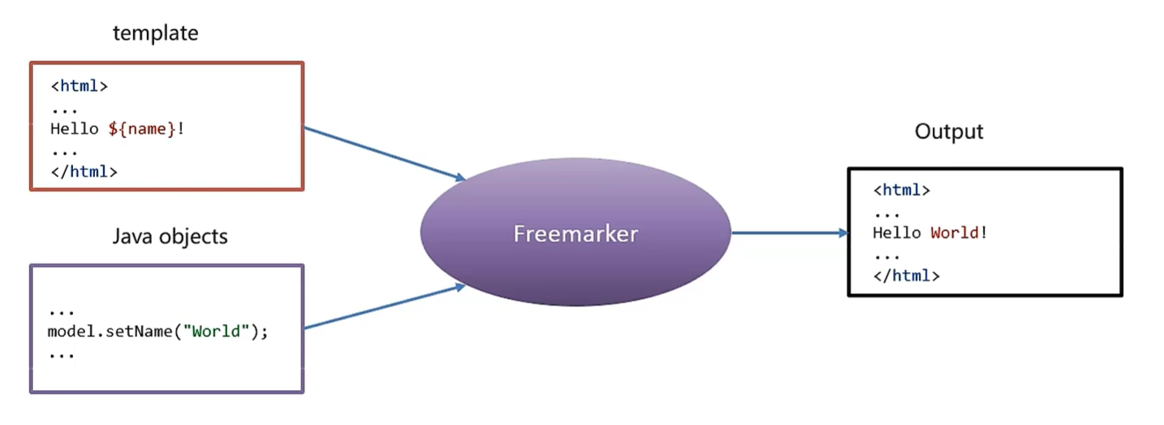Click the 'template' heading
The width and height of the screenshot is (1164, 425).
155,33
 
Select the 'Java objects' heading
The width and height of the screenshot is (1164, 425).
170,236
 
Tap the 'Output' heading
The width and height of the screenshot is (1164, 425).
948,132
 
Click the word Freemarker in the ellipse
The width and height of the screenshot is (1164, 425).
576,234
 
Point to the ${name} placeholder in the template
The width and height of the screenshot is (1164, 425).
142,128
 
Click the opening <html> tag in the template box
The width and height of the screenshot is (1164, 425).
79,85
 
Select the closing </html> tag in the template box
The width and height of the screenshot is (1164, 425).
84,171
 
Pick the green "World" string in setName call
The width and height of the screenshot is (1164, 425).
217,332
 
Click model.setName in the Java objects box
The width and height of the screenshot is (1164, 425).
110,332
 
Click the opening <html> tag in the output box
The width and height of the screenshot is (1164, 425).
901,190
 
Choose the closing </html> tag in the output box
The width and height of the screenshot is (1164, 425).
906,275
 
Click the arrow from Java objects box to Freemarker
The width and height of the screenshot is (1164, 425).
382,306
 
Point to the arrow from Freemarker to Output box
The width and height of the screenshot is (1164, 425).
787,233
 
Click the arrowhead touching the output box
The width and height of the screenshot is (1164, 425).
842,233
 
